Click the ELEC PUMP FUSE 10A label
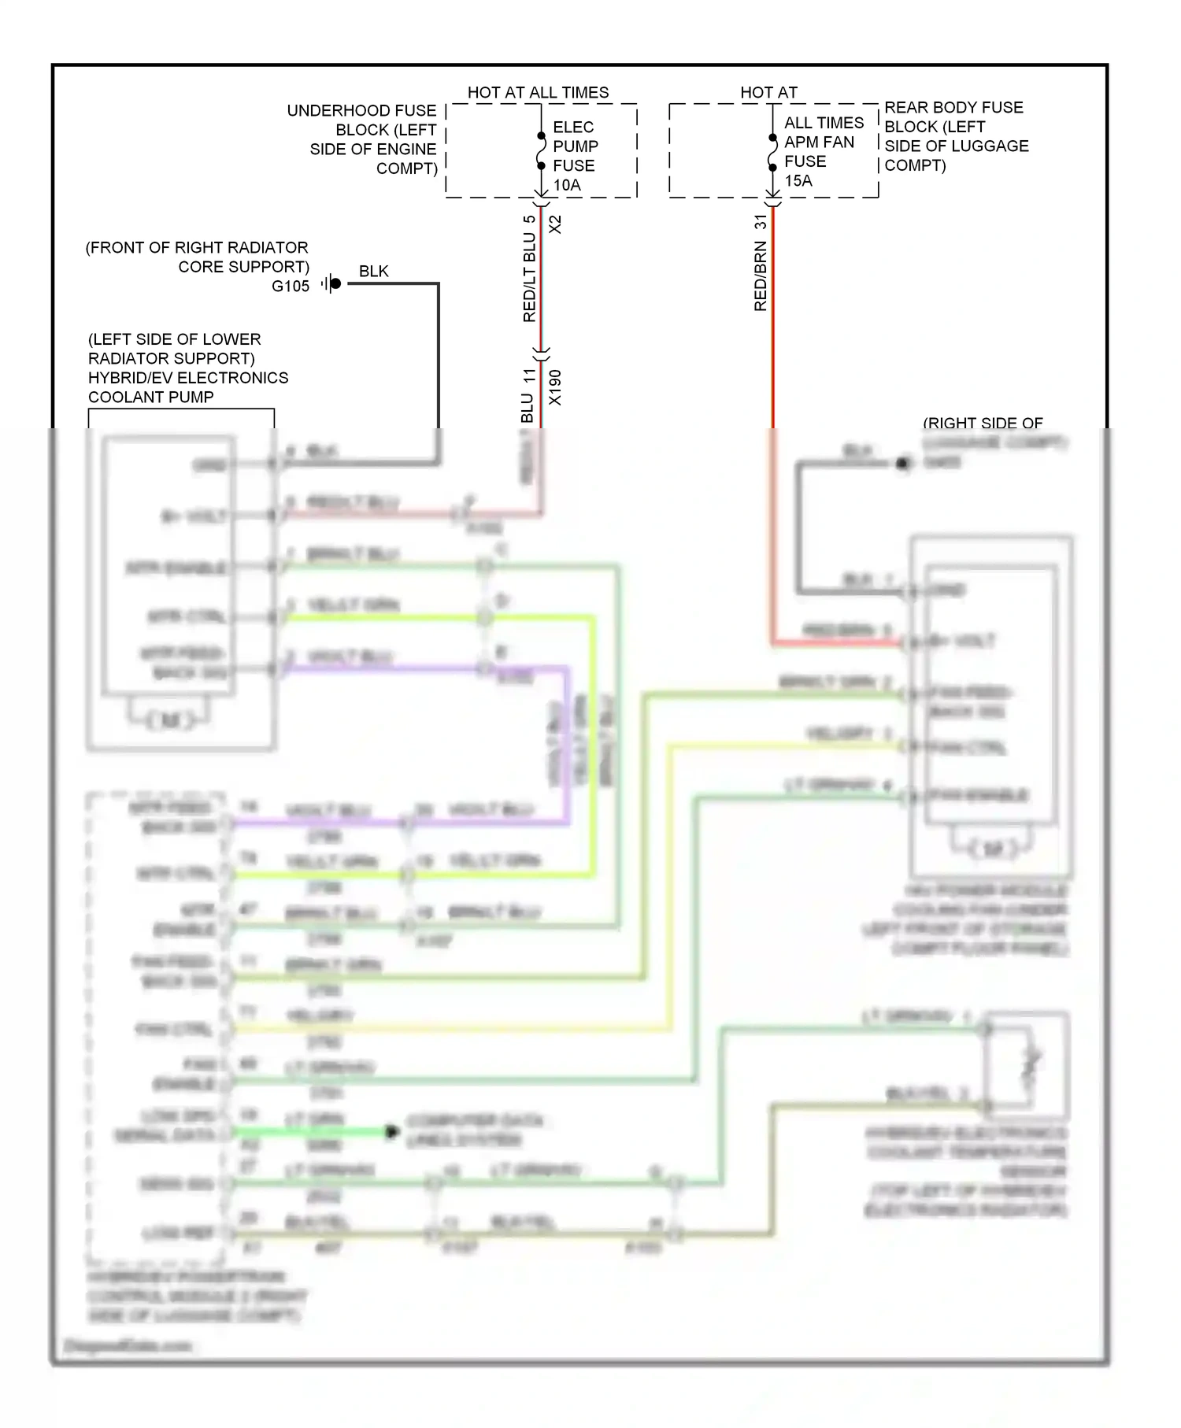[x=575, y=156]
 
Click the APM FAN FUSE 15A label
[x=819, y=152]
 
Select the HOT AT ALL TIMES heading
[x=538, y=92]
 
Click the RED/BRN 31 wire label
[x=761, y=263]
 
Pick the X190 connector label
[x=555, y=387]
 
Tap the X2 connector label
[x=555, y=224]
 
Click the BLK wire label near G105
[x=373, y=271]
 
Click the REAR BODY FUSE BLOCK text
[x=955, y=136]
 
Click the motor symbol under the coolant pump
[x=169, y=720]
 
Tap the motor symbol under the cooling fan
[x=991, y=849]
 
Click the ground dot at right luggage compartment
[x=903, y=464]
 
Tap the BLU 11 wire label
[x=528, y=395]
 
